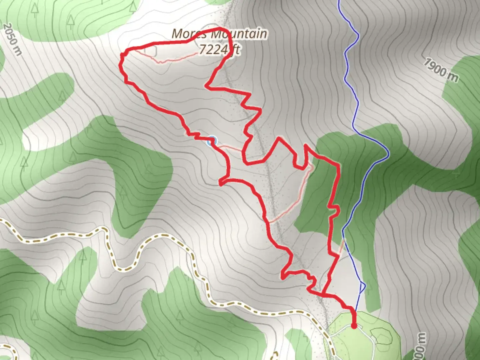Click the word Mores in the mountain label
(189, 34)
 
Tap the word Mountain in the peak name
(239, 34)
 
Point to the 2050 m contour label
(13, 39)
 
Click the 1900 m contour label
(441, 70)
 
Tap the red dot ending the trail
(354, 326)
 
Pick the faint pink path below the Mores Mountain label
(173, 60)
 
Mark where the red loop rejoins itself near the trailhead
(323, 294)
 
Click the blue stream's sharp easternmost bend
(388, 154)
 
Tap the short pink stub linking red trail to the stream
(342, 247)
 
